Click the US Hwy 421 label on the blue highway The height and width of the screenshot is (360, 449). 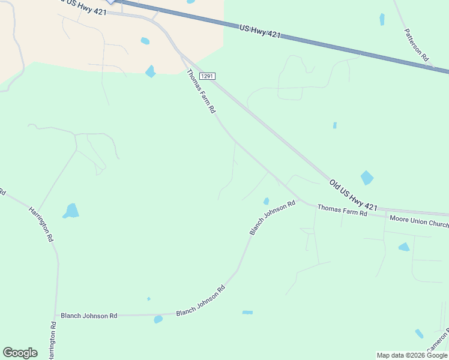click(x=259, y=31)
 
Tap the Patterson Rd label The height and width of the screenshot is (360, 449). click(x=416, y=45)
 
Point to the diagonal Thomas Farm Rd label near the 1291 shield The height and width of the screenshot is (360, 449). click(x=201, y=91)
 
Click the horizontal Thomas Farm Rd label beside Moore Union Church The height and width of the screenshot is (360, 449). click(x=342, y=210)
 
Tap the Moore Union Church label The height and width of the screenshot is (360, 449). click(x=418, y=221)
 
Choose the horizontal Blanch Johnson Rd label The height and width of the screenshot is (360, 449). click(x=89, y=316)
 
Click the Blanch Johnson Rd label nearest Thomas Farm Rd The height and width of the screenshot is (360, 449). click(x=273, y=217)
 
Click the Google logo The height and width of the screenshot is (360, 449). click(x=20, y=353)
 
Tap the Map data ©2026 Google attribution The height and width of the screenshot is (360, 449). click(x=412, y=355)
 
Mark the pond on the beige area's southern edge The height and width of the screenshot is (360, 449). click(x=150, y=71)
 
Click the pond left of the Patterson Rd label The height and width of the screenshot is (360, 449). click(x=382, y=19)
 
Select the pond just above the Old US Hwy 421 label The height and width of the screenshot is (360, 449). click(x=367, y=178)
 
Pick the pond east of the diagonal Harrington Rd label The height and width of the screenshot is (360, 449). click(x=71, y=211)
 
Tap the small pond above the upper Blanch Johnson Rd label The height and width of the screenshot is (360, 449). click(x=266, y=201)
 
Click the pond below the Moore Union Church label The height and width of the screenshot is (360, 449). click(x=404, y=247)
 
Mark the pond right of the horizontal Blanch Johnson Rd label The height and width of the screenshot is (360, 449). click(x=158, y=319)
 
